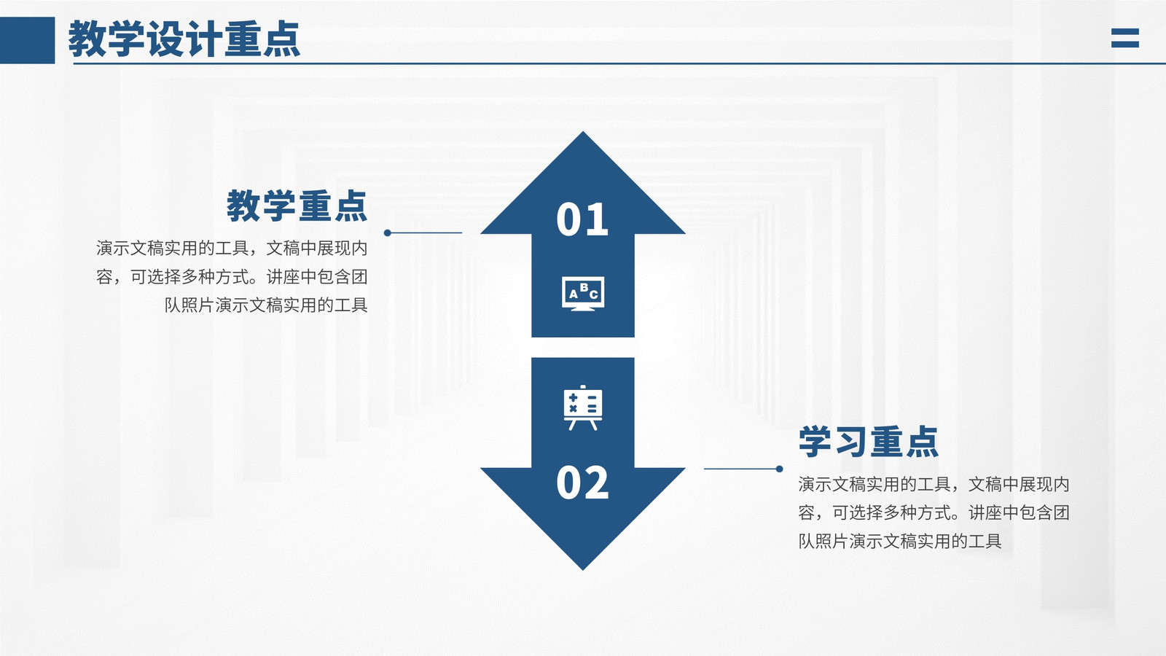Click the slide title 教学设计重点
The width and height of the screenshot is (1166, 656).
[x=184, y=39]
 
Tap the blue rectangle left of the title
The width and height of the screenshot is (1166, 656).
[x=27, y=40]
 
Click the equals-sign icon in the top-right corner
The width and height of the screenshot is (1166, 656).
[x=1125, y=38]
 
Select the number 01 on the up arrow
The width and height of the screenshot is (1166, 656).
[x=582, y=219]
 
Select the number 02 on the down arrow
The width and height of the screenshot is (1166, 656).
[x=582, y=483]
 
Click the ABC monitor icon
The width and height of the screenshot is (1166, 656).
[x=583, y=294]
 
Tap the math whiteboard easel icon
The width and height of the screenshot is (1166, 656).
[x=583, y=407]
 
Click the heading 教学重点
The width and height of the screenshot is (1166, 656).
[x=297, y=206]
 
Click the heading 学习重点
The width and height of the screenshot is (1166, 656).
[x=868, y=442]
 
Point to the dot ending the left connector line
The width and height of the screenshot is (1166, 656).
[x=387, y=233]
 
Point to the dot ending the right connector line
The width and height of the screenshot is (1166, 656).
[x=779, y=469]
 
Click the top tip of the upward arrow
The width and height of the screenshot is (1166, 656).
[x=583, y=131]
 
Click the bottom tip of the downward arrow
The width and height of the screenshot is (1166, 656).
[x=583, y=570]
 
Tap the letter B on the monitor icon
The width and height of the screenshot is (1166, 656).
[x=584, y=288]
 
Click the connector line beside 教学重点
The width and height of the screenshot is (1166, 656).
[x=425, y=233]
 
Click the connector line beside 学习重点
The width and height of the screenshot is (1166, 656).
[x=742, y=469]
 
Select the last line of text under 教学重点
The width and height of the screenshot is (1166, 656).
[x=266, y=305]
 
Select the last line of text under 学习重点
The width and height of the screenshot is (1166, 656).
[x=900, y=542]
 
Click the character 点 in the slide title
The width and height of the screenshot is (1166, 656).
[x=281, y=39]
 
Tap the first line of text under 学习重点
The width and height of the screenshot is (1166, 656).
[x=934, y=485]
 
